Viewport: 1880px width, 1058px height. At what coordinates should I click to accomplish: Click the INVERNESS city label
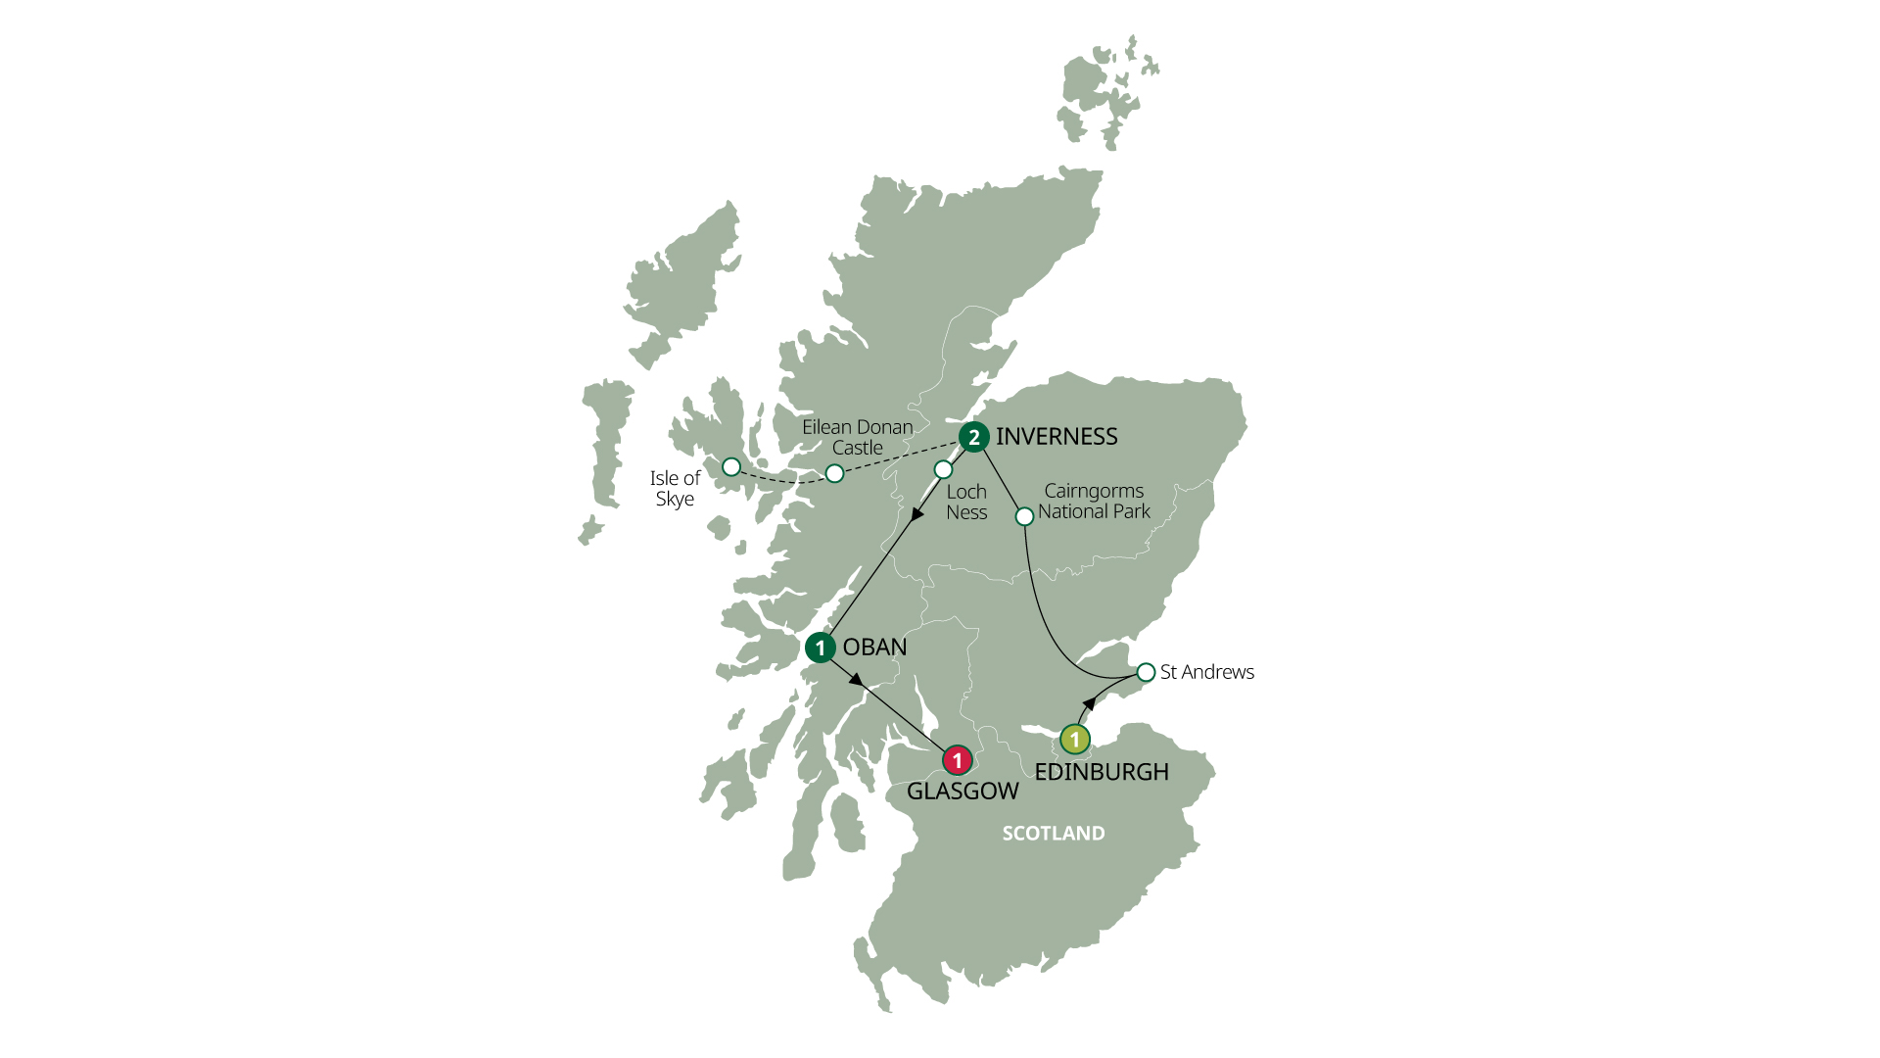(x=1057, y=437)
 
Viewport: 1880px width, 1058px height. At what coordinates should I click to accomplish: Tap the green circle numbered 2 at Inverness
(x=973, y=437)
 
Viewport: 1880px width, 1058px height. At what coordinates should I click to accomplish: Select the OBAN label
(x=874, y=648)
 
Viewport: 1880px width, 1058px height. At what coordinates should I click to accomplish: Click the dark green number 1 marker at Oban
(x=820, y=648)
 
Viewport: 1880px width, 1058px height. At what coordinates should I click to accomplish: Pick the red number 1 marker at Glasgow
(x=957, y=759)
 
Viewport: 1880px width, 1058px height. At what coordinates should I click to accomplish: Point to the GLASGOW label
(x=963, y=792)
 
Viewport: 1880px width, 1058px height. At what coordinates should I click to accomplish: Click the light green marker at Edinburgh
(x=1074, y=739)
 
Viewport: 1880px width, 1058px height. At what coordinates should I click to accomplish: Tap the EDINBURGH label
(x=1102, y=772)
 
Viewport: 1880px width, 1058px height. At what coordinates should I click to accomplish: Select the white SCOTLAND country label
(x=1054, y=834)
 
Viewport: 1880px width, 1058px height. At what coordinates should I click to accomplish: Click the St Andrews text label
(x=1206, y=672)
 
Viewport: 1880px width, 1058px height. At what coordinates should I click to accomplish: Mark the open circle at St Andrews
(x=1146, y=672)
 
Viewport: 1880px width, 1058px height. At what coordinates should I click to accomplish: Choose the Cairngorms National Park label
(x=1094, y=502)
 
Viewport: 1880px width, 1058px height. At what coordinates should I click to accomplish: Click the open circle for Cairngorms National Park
(x=1024, y=515)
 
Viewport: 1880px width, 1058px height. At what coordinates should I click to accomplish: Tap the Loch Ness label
(x=966, y=503)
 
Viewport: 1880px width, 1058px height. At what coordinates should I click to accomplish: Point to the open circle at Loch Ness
(x=943, y=469)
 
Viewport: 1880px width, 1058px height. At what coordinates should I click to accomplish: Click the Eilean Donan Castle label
(x=857, y=438)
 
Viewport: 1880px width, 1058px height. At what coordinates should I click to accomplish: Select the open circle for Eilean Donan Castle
(x=834, y=474)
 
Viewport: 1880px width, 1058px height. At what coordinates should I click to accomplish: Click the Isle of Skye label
(x=675, y=489)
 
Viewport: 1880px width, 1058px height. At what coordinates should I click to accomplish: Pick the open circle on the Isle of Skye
(x=731, y=467)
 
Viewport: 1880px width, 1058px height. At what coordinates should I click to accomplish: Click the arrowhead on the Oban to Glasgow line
(x=856, y=679)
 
